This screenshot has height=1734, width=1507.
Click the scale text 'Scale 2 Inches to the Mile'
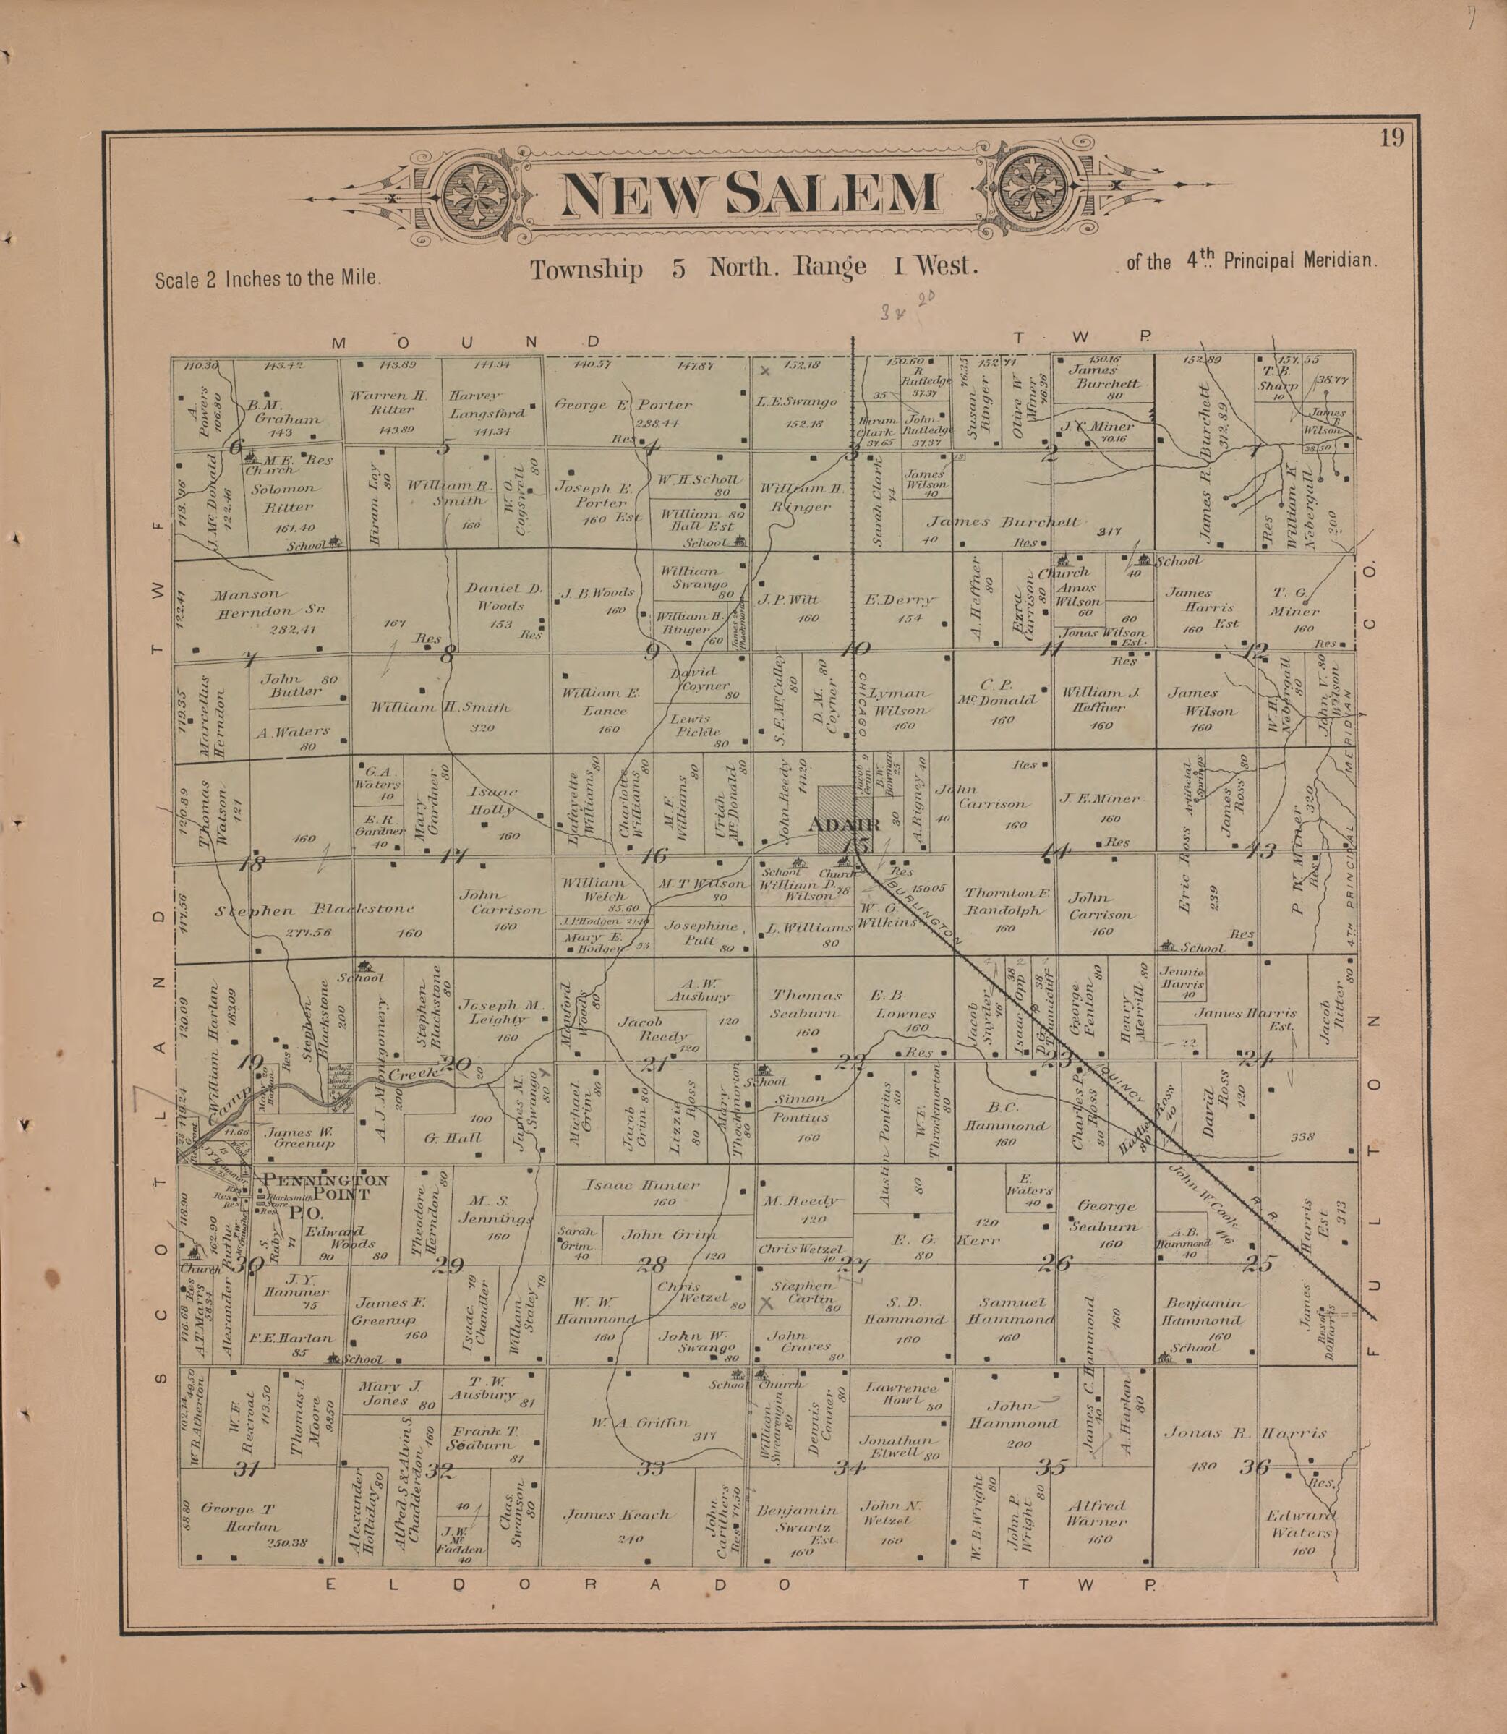(x=268, y=278)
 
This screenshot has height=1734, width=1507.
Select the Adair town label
(x=843, y=824)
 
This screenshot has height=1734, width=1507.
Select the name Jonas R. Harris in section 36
(x=1244, y=1432)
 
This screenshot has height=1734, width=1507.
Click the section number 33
(x=651, y=1469)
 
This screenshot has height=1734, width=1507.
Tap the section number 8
(x=447, y=654)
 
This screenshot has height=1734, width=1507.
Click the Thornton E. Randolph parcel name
(x=1007, y=901)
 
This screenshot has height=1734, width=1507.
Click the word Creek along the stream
(x=414, y=1074)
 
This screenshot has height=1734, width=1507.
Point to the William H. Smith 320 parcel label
(x=440, y=707)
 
